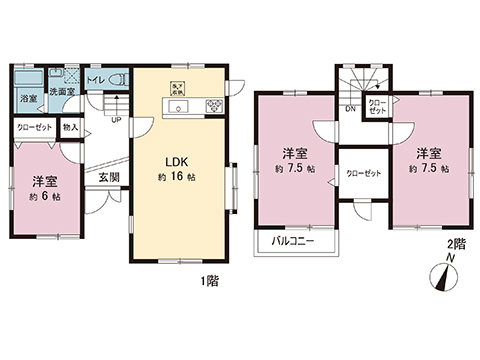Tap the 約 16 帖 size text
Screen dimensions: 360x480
pos(178,176)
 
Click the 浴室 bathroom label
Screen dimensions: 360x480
pos(26,98)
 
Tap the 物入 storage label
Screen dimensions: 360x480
pos(70,126)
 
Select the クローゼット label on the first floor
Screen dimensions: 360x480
pos(34,127)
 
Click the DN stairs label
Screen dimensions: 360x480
pos(351,107)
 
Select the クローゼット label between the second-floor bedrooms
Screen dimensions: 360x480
pos(363,173)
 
